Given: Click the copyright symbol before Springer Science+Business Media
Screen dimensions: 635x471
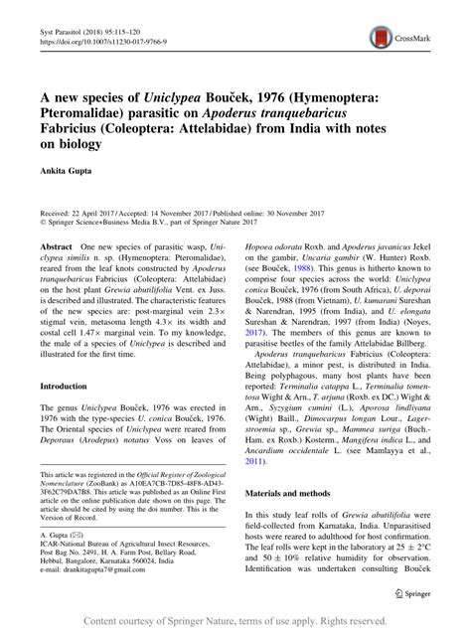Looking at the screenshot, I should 40,221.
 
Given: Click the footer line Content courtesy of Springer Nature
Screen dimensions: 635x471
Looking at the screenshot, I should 235,622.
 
